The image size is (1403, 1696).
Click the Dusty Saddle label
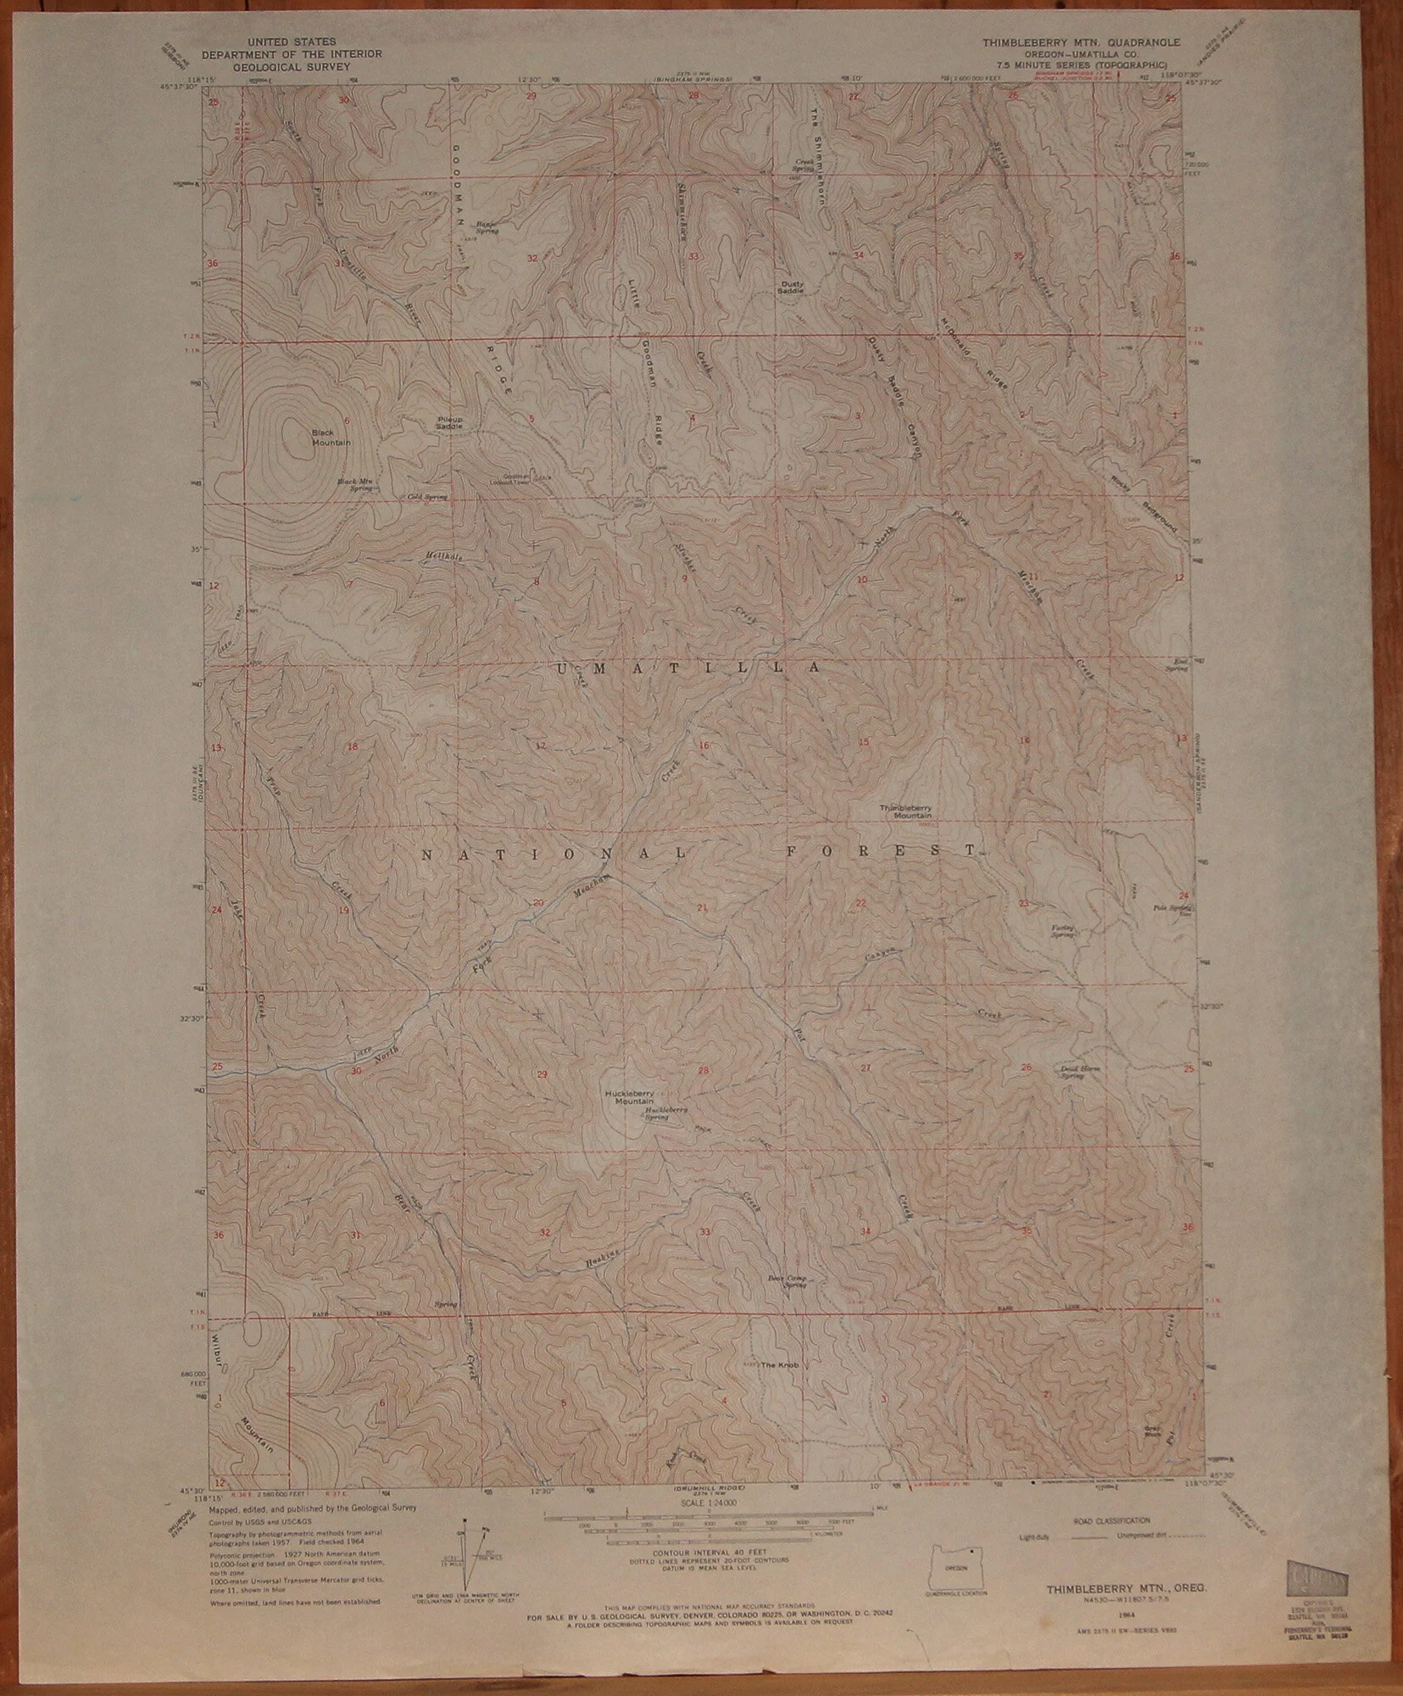(x=789, y=287)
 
